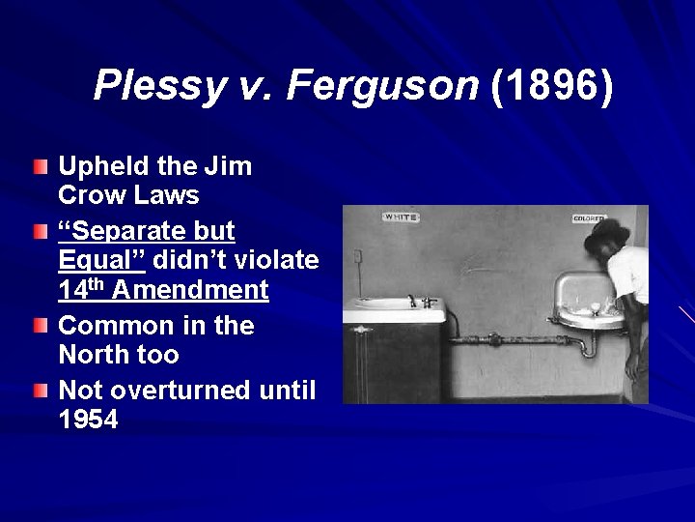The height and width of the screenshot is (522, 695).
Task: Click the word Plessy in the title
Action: pos(158,86)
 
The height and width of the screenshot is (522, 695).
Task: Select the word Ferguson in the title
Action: pos(382,86)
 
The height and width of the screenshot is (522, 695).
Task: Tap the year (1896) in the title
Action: pos(551,86)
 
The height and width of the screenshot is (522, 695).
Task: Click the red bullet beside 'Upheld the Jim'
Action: pos(39,168)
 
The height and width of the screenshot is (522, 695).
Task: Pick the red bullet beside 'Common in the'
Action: pos(39,328)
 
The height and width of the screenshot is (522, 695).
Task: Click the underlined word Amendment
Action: pos(190,290)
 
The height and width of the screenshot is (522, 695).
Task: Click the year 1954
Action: pos(89,420)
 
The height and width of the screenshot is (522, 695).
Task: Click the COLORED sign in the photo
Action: pos(588,218)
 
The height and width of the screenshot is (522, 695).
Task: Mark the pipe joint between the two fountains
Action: pos(494,339)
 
